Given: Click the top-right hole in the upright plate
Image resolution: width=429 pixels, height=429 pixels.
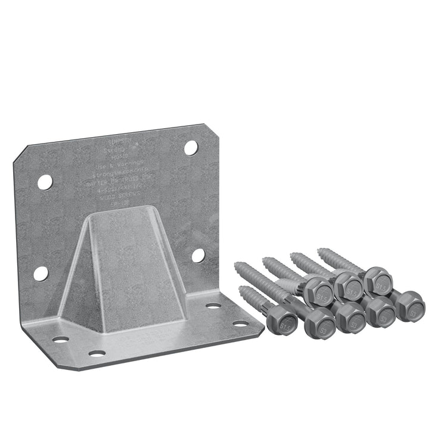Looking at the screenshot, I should [191, 148].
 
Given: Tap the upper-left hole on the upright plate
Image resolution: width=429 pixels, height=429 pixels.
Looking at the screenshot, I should [45, 182].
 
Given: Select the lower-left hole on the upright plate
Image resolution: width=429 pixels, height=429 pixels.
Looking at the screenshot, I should [41, 273].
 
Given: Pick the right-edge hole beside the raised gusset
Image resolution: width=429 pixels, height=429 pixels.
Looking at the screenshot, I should [198, 255].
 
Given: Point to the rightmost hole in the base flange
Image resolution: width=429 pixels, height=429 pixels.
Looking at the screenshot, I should [240, 324].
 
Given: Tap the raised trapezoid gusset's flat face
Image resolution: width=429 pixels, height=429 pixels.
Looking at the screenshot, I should [128, 262].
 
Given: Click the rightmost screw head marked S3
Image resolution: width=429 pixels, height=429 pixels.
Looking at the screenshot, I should [411, 304].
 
